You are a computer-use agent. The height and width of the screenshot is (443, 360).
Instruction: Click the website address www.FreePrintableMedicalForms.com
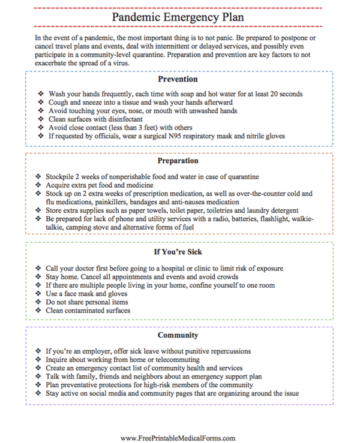click(x=178, y=438)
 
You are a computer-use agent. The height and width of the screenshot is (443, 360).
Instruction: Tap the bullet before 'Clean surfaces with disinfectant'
click(x=40, y=119)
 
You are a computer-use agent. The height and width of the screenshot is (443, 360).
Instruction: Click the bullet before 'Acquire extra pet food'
click(x=40, y=185)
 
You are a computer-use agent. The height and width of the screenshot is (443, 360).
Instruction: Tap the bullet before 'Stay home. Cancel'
click(x=40, y=277)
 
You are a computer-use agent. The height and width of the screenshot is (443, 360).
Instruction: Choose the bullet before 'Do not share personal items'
click(x=40, y=302)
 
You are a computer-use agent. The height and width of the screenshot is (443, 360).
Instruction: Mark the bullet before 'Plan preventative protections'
click(x=40, y=384)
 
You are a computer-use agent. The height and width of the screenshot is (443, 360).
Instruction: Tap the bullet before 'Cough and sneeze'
click(x=40, y=103)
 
